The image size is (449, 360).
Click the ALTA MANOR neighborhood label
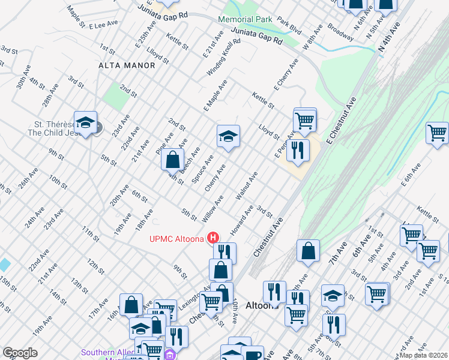tap(122, 65)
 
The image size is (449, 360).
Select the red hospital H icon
tap(212, 238)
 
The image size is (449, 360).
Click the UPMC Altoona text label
tap(176, 239)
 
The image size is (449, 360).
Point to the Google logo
tap(20, 353)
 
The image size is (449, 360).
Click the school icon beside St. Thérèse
tap(86, 122)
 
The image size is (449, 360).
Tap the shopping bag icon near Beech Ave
tap(172, 160)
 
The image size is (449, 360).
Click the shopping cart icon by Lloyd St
tap(305, 120)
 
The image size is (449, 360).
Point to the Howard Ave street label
tap(241, 220)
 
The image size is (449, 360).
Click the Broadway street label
tap(340, 33)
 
